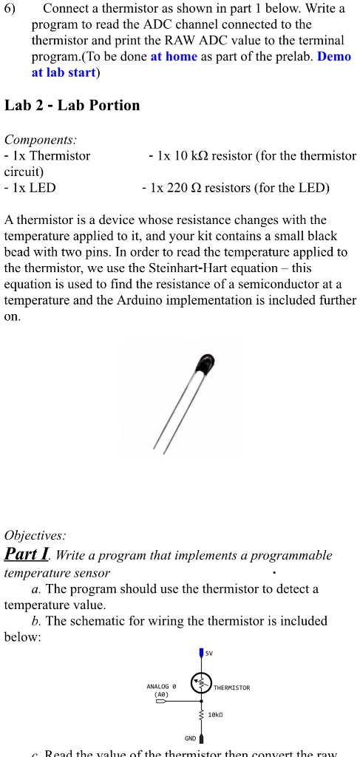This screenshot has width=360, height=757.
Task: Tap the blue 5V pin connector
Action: (x=201, y=654)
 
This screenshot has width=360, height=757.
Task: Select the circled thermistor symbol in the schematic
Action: (x=201, y=685)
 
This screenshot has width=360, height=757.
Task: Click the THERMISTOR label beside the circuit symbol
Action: (x=231, y=688)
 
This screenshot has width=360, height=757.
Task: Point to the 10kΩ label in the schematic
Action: (x=216, y=716)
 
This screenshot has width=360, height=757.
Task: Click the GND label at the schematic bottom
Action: (x=189, y=737)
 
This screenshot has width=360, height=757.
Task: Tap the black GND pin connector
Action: (x=201, y=738)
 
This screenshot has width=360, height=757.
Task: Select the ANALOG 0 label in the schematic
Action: (x=161, y=687)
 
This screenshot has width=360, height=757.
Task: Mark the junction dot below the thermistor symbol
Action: (x=201, y=702)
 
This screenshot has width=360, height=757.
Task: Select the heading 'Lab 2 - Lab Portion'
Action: (x=72, y=105)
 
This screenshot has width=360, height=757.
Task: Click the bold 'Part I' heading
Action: (x=27, y=554)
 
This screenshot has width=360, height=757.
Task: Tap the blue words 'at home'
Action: (x=174, y=57)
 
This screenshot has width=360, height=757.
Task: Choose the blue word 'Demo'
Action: (x=333, y=57)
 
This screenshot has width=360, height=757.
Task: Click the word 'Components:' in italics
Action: (x=41, y=139)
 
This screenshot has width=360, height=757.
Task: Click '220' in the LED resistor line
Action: (x=180, y=188)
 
